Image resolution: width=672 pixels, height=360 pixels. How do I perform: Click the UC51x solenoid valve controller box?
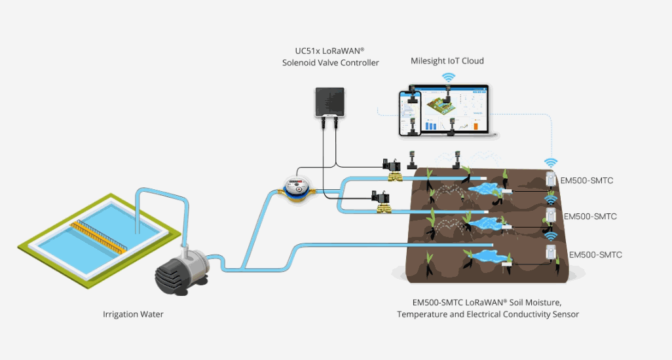[x=335, y=101]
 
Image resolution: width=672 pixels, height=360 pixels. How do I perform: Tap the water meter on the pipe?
[x=296, y=187]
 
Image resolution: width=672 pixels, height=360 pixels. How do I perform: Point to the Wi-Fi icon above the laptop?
[x=448, y=77]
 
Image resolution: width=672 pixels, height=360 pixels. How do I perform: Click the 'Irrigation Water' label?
[x=133, y=314]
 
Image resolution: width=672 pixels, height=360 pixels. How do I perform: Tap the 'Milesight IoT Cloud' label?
[x=447, y=61]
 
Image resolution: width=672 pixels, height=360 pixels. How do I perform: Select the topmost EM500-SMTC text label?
[x=586, y=180]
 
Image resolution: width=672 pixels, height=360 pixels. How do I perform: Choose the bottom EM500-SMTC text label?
[x=595, y=255]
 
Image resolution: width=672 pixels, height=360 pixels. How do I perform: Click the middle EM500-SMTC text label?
[x=590, y=216]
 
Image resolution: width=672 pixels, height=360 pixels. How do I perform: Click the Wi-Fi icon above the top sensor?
[x=551, y=162]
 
